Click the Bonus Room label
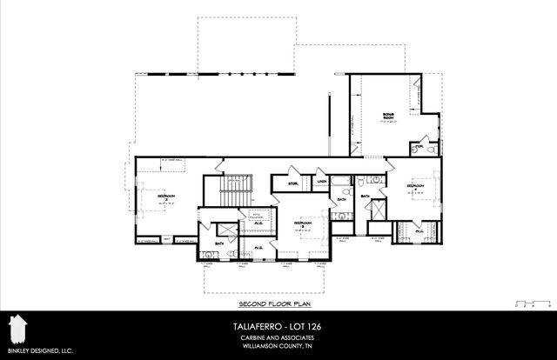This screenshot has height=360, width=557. point(388,117)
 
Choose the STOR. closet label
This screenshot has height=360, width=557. point(281,183)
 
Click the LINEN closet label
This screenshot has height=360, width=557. point(320,181)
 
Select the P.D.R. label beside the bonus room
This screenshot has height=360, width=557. point(419,148)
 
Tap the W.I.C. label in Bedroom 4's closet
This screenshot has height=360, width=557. point(419,231)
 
